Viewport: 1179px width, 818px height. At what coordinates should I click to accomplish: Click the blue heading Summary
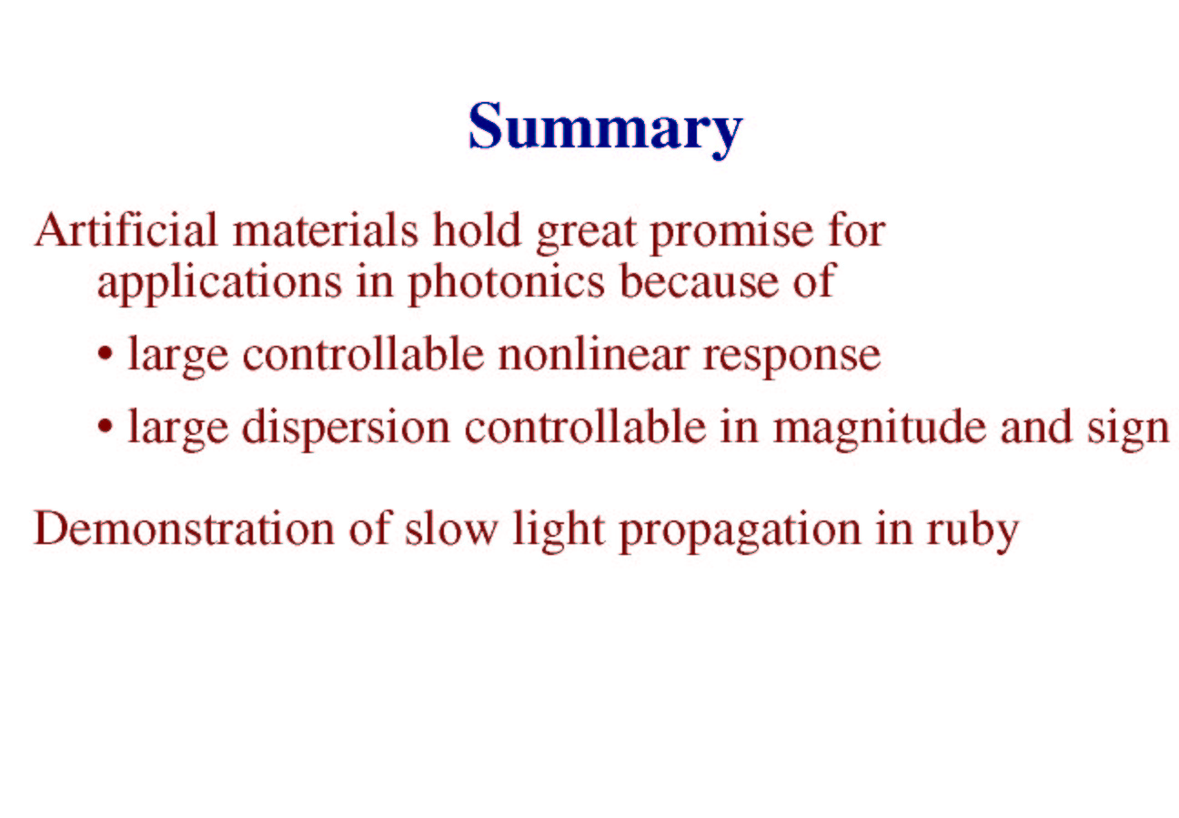[x=605, y=129]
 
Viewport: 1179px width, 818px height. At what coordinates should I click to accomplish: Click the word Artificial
[x=126, y=229]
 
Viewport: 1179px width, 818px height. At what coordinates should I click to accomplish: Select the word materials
[x=326, y=230]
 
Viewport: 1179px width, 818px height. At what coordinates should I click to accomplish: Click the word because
[x=699, y=282]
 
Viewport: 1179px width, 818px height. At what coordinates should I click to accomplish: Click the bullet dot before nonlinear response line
[x=106, y=354]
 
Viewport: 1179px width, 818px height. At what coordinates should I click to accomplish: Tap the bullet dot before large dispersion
[x=106, y=425]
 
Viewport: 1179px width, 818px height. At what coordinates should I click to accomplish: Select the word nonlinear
[x=594, y=354]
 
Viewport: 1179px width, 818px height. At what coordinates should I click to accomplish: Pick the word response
[x=791, y=358]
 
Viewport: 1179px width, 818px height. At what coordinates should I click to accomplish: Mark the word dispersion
[x=346, y=429]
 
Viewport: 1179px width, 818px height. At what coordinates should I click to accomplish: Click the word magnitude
[x=880, y=429]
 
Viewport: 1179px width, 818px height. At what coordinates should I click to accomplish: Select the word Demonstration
[x=184, y=529]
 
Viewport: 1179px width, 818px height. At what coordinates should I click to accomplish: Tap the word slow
[x=451, y=528]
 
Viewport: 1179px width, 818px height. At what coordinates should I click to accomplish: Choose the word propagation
[x=740, y=531]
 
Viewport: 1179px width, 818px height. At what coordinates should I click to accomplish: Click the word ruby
[x=972, y=531]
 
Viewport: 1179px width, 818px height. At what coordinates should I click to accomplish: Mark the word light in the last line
[x=559, y=531]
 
